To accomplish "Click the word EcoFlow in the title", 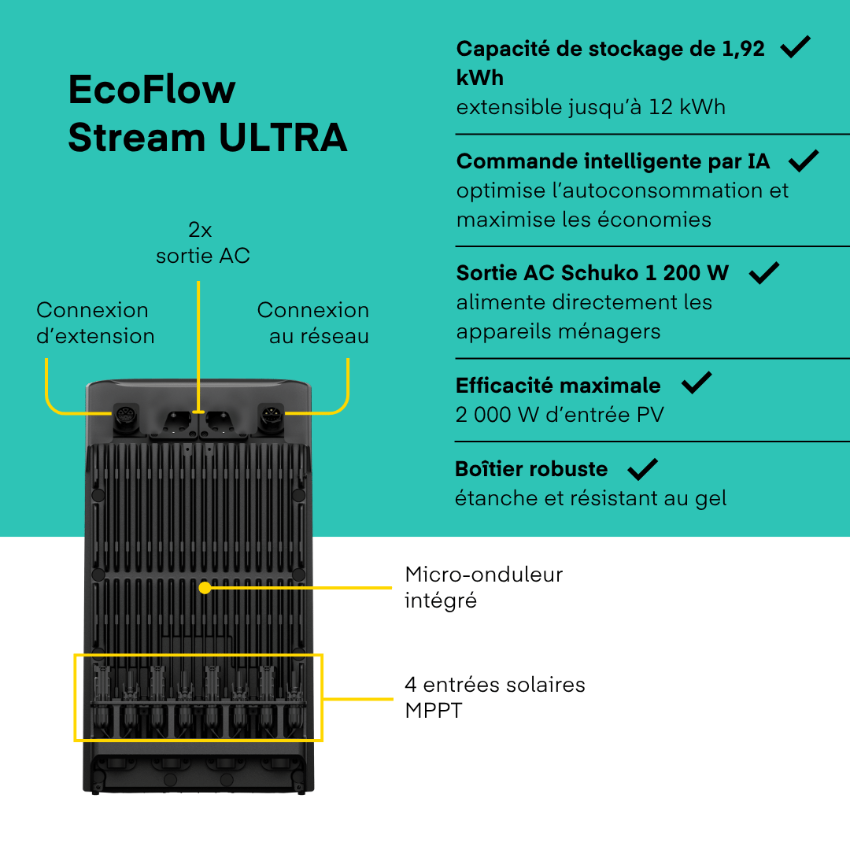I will pyautogui.click(x=151, y=90).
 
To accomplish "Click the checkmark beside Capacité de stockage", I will pyautogui.click(x=795, y=47).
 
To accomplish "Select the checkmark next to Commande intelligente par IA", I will pyautogui.click(x=803, y=161).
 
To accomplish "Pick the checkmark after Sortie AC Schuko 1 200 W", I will pyautogui.click(x=763, y=272).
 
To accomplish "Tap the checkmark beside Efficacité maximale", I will pyautogui.click(x=696, y=383).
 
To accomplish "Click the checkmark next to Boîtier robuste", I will pyautogui.click(x=642, y=469).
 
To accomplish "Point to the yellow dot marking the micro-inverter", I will pyautogui.click(x=205, y=587).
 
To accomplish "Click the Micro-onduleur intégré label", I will pyautogui.click(x=483, y=587).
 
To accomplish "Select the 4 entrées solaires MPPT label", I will pyautogui.click(x=494, y=697).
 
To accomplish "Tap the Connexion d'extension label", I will pyautogui.click(x=95, y=323).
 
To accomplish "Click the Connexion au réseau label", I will pyautogui.click(x=313, y=323).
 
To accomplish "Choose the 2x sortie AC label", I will pyautogui.click(x=202, y=242).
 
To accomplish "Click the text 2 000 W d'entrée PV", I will pyautogui.click(x=559, y=414).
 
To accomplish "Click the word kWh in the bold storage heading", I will pyautogui.click(x=479, y=78).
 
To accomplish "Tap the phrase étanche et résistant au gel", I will pyautogui.click(x=590, y=498).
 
